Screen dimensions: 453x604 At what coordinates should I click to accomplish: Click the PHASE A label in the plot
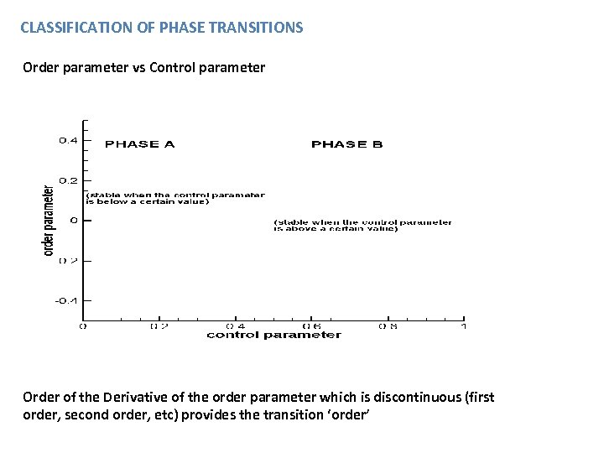[139, 144]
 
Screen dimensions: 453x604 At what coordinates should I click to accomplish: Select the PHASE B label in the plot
[346, 144]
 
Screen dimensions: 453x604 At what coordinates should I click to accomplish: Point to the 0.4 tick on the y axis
[68, 140]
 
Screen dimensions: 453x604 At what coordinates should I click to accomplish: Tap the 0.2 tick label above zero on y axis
[68, 180]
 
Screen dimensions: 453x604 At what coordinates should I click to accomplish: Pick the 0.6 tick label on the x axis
[311, 325]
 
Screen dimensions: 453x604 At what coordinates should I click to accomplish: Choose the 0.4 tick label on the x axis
[236, 325]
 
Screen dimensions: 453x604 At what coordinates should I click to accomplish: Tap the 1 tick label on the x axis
[464, 325]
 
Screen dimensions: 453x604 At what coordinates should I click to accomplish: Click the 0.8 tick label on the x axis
[388, 325]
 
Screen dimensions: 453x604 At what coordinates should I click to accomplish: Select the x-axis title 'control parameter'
[273, 336]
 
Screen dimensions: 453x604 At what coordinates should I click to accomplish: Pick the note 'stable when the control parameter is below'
[174, 198]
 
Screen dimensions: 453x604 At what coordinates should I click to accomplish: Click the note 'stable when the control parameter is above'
[362, 226]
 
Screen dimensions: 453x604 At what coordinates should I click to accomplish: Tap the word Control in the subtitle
[175, 67]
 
